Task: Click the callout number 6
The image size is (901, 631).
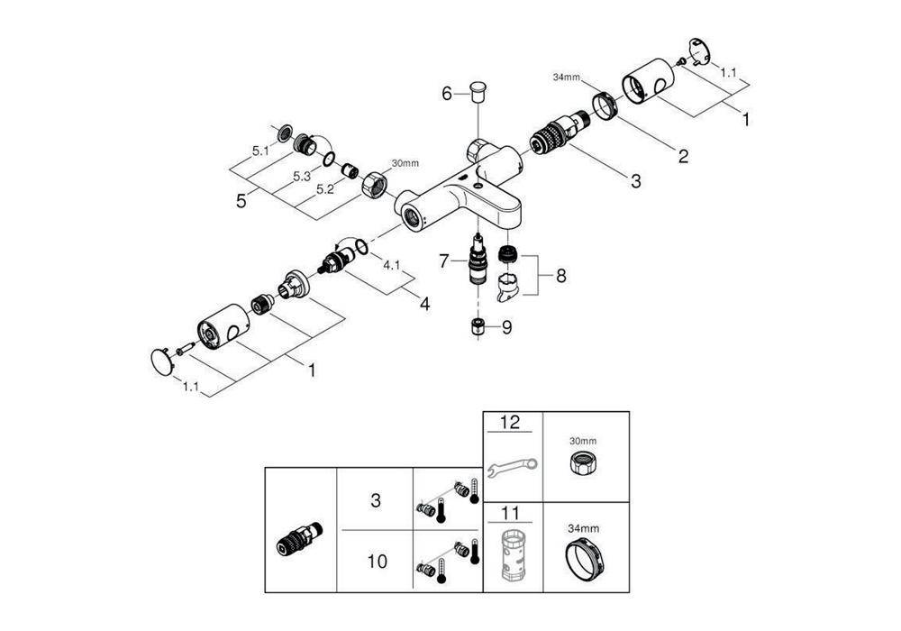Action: [x=446, y=93]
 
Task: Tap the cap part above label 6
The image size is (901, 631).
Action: [x=477, y=89]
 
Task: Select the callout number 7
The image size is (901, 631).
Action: [x=444, y=261]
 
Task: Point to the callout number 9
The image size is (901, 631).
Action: [x=506, y=328]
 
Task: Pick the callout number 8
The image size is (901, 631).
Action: [x=560, y=276]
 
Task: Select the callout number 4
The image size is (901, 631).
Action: [x=423, y=304]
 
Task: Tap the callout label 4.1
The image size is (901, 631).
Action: [x=392, y=266]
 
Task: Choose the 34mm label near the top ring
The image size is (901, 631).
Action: [x=565, y=78]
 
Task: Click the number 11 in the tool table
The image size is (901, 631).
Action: [x=511, y=515]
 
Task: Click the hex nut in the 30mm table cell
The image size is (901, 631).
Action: [x=583, y=466]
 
